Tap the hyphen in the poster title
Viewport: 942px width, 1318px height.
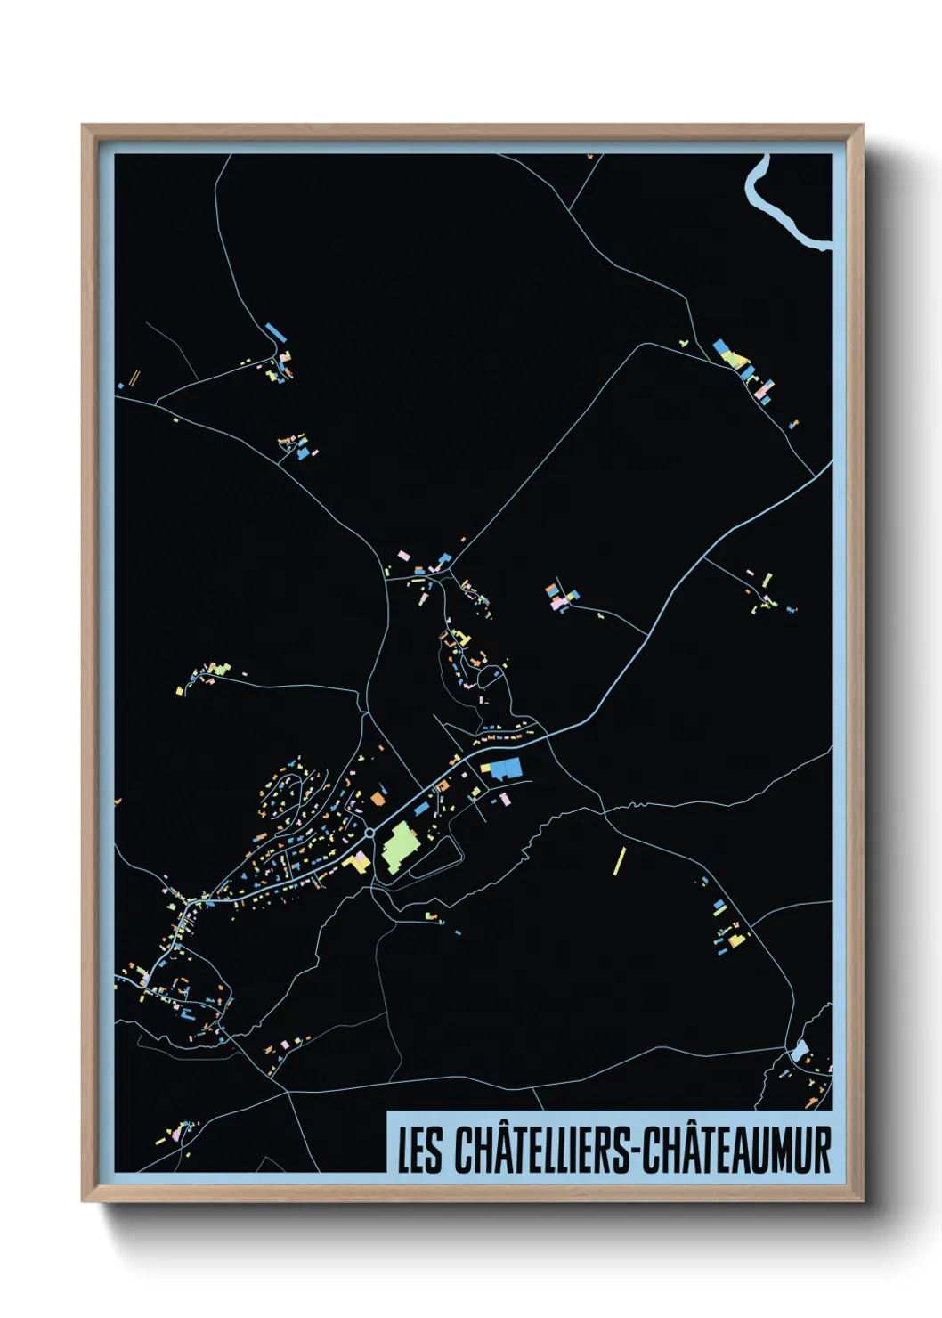click(x=634, y=1151)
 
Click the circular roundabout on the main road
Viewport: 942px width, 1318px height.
click(x=369, y=834)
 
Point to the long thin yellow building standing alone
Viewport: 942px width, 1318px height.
click(x=621, y=860)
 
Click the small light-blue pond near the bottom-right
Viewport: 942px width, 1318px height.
click(x=799, y=1050)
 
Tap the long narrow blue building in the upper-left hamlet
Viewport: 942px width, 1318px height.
click(x=275, y=331)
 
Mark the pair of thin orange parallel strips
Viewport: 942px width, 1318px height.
click(x=134, y=378)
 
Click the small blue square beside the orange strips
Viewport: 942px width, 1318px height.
click(x=120, y=386)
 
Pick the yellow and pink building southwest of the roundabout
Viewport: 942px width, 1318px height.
click(x=358, y=861)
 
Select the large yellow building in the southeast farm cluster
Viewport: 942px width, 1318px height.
click(x=735, y=939)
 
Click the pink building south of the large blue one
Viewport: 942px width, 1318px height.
click(x=506, y=799)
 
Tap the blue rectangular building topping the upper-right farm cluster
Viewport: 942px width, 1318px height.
click(x=721, y=346)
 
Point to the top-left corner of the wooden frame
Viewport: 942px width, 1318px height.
click(x=83, y=126)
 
